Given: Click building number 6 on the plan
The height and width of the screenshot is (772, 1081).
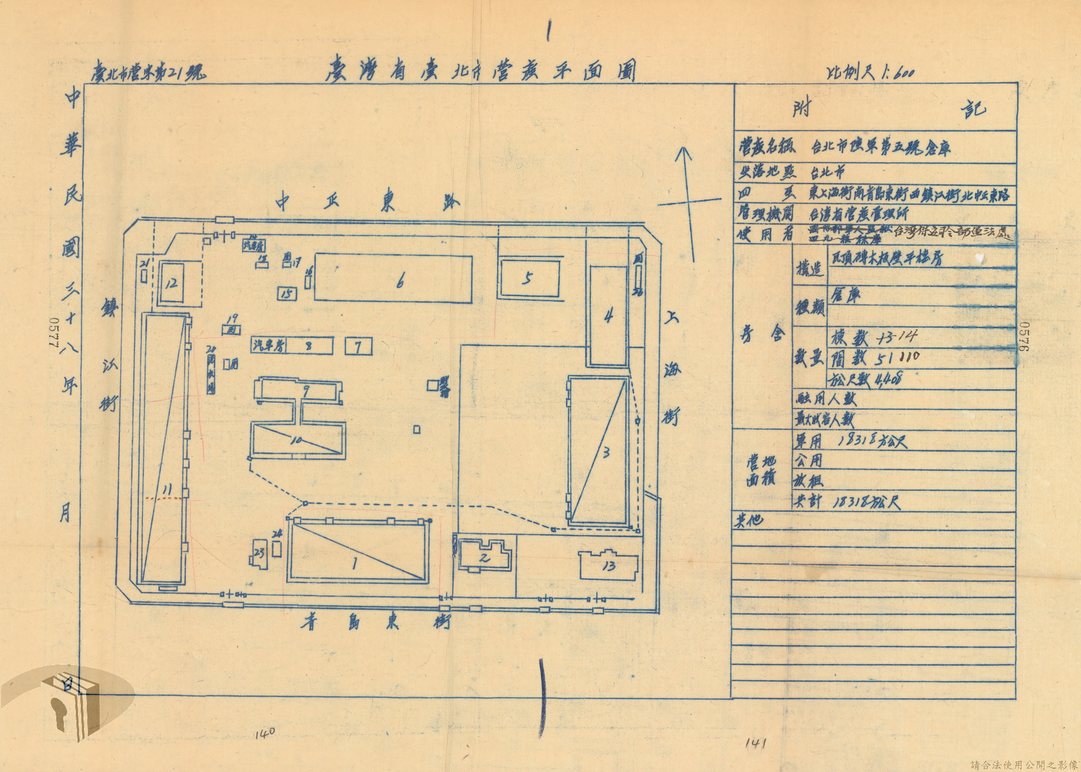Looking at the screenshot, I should click(x=400, y=282).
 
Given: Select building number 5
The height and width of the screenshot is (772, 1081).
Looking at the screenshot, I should click(x=527, y=279).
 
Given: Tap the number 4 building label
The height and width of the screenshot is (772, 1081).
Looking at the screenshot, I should click(x=608, y=316).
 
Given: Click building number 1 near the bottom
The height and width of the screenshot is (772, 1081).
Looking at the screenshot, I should click(x=355, y=564).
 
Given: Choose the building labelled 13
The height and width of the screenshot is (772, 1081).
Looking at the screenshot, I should click(x=610, y=566).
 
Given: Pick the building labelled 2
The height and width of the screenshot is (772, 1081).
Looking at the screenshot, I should click(x=485, y=558).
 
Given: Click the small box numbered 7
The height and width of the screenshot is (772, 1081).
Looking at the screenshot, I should click(x=359, y=347).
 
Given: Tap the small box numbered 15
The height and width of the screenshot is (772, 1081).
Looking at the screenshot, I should click(x=287, y=294).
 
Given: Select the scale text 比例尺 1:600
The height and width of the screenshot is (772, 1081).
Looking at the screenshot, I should click(x=868, y=73).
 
